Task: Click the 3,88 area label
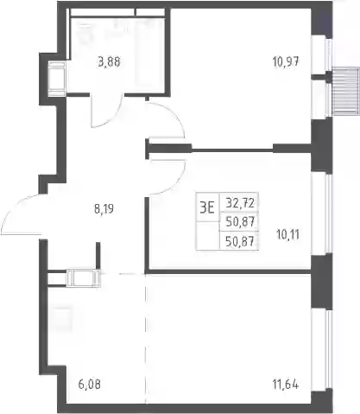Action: (109, 62)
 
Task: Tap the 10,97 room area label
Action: (286, 61)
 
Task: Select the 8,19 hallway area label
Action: (104, 209)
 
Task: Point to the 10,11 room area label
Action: (287, 235)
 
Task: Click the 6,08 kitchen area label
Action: (90, 385)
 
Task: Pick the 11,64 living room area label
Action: (286, 385)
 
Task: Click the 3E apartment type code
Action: (207, 207)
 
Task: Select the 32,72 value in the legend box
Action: (240, 203)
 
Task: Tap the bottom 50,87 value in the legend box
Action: (240, 241)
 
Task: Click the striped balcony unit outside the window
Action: (346, 91)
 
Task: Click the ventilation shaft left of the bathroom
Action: (58, 79)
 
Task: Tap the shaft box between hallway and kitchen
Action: (84, 278)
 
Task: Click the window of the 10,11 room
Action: (328, 214)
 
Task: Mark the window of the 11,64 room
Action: (328, 349)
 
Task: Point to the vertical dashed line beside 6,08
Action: (146, 339)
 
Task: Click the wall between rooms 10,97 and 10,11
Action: (231, 149)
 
